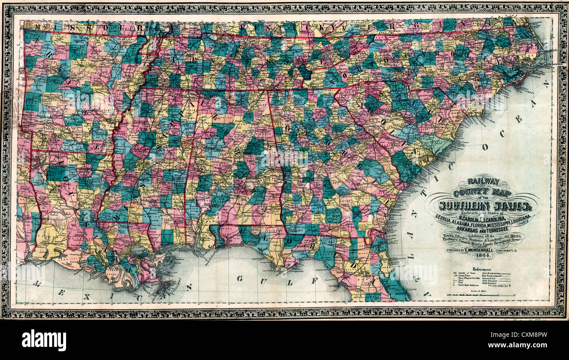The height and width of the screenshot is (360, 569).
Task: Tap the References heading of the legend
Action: pos(481,269)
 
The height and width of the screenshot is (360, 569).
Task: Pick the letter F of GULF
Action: pos(313,281)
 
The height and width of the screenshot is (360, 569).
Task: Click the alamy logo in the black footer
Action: pos(44,340)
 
